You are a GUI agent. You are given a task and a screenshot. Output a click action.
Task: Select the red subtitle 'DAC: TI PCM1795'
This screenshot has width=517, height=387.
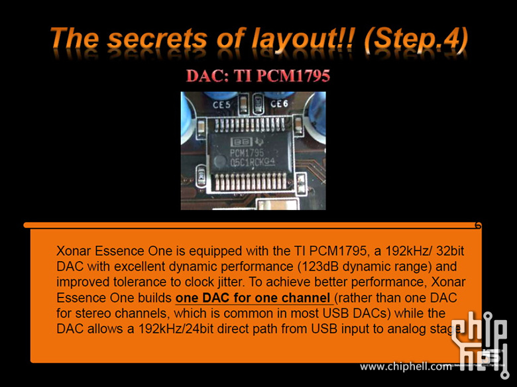(258, 76)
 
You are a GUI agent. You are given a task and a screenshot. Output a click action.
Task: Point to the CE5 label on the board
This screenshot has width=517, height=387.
(221, 105)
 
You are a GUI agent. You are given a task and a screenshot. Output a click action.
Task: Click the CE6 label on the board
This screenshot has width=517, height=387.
(279, 104)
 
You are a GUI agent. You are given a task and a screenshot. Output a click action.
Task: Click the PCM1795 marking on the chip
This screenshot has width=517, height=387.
(247, 152)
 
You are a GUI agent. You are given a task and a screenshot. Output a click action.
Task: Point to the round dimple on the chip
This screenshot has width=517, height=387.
(219, 162)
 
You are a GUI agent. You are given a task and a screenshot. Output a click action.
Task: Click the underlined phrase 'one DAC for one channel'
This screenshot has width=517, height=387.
(253, 298)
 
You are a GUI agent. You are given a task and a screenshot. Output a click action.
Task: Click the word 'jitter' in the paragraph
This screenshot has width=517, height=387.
(229, 282)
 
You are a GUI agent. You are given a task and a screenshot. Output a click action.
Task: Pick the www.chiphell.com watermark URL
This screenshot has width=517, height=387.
(406, 366)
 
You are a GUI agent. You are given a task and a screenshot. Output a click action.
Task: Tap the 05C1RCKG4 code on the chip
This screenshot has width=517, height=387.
(253, 162)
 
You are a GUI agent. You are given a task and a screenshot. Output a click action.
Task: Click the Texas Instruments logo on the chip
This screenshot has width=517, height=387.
(259, 142)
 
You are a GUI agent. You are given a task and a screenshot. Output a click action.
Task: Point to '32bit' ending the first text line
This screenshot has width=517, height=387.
(450, 251)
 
